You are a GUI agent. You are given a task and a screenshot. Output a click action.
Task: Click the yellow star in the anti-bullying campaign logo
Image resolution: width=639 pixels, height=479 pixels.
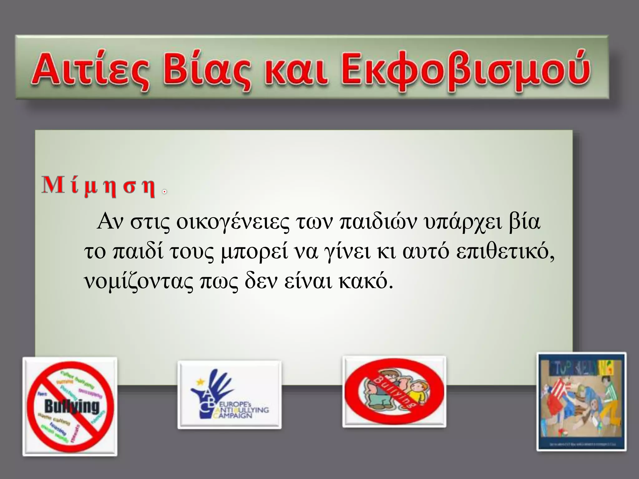(199, 381)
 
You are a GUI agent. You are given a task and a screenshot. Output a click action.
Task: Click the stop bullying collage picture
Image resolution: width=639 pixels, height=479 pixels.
(581, 405)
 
